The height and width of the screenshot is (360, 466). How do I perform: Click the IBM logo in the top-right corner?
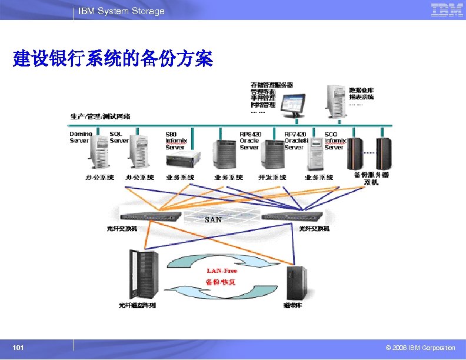tap(447, 10)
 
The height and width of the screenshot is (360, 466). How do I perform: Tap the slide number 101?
tap(18, 348)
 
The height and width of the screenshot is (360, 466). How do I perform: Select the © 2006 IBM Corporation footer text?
tap(416, 348)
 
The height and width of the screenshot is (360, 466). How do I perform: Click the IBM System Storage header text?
tap(122, 11)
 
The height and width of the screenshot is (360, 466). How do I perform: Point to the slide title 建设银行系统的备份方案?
tap(112, 59)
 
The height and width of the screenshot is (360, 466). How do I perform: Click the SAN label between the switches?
tap(213, 219)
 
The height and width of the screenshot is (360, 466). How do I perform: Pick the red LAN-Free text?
tap(221, 271)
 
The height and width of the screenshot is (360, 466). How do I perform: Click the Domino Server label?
tap(81, 138)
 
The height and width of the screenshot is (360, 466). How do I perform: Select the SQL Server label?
tap(119, 138)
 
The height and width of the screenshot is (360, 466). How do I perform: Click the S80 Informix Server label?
tap(176, 141)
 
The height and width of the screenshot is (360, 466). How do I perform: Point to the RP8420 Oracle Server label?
tap(250, 141)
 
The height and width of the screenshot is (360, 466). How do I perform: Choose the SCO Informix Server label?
tap(334, 141)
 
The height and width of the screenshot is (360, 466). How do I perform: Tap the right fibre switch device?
tap(292, 216)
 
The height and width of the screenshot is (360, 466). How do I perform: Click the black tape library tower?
tap(296, 282)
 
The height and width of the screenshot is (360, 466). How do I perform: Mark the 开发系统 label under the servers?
tap(272, 178)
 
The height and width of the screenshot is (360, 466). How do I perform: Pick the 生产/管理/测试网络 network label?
tap(101, 116)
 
